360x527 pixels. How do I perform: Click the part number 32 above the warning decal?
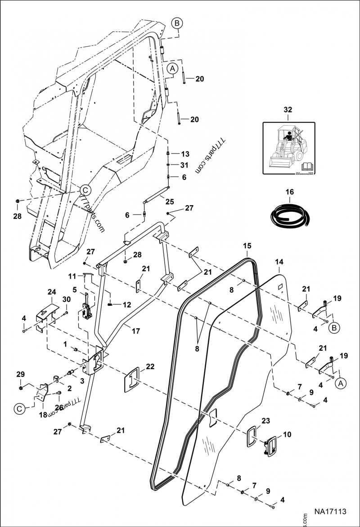288,109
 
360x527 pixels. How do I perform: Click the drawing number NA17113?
330,512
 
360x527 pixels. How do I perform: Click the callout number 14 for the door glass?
279,261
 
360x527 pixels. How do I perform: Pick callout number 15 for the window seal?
247,246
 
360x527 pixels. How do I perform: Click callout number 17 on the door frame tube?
135,330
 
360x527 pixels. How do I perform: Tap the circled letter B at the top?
177,22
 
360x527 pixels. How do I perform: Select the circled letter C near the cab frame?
85,189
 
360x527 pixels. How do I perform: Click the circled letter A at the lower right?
340,383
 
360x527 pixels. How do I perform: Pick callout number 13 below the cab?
185,153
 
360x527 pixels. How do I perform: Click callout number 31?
185,165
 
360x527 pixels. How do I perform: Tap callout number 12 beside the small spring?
126,304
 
